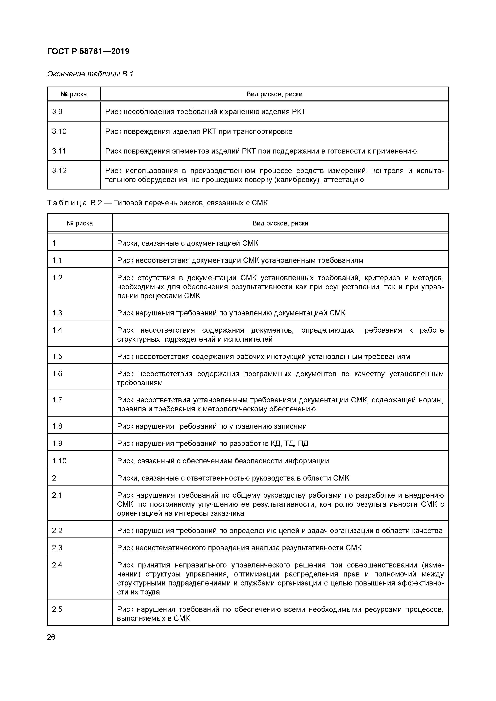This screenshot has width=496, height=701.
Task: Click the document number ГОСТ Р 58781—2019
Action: click(88, 52)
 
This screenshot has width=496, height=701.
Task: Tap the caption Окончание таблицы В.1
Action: click(90, 74)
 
